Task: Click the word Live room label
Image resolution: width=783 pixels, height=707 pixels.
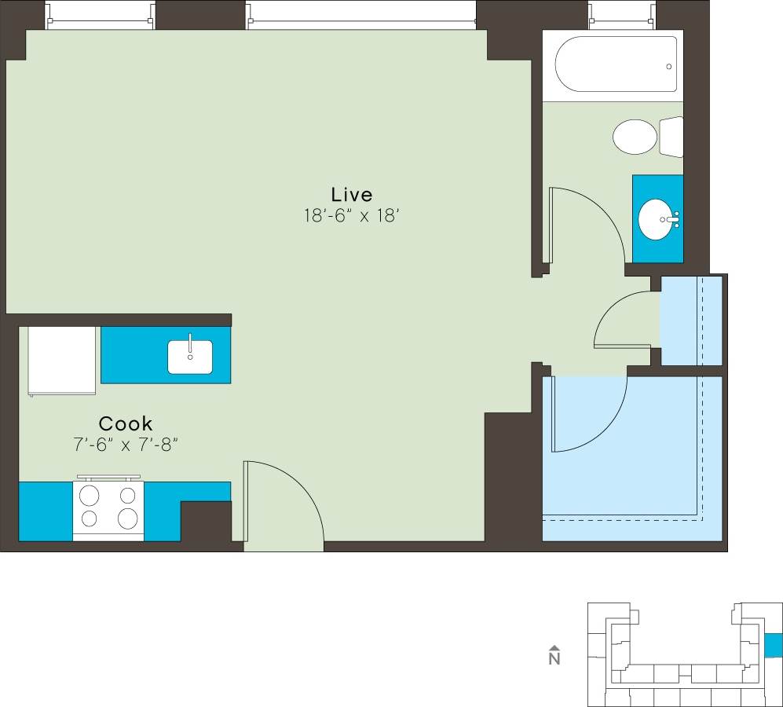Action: [351, 194]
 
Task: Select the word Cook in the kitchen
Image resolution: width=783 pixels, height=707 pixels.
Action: [126, 423]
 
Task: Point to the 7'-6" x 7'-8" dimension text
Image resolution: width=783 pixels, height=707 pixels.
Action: [126, 445]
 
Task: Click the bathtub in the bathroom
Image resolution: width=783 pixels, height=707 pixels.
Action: [616, 64]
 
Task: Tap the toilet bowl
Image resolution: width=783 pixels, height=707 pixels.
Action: [635, 137]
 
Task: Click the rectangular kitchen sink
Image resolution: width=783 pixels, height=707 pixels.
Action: [190, 357]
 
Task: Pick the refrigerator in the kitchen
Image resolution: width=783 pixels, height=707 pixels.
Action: [62, 361]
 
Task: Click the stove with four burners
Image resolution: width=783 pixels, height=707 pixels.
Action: [108, 508]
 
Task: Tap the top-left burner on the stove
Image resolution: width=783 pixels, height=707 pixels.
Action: [90, 495]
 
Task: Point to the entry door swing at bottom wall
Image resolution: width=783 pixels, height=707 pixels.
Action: [283, 503]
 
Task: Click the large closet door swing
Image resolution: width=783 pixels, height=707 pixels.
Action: [589, 412]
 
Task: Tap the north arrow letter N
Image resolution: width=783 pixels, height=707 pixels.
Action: [554, 658]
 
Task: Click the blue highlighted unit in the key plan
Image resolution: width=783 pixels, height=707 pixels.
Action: [774, 646]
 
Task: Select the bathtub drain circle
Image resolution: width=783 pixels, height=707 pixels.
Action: [669, 67]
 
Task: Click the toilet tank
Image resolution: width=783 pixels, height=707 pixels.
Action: [671, 137]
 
